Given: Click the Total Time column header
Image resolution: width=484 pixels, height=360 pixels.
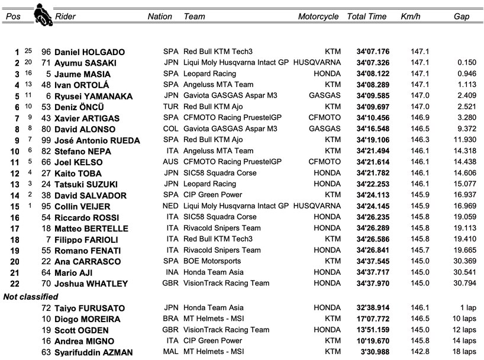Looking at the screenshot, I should click(x=367, y=17).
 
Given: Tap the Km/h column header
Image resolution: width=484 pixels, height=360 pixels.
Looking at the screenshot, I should click(x=411, y=17).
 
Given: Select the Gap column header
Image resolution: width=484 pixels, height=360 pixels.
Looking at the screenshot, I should click(x=462, y=17).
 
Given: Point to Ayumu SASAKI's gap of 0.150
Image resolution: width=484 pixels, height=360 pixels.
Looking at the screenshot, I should click(x=466, y=63).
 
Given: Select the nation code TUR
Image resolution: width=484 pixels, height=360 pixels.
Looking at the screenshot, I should click(x=170, y=107).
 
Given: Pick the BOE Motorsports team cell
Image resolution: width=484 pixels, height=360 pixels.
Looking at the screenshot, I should click(x=209, y=262).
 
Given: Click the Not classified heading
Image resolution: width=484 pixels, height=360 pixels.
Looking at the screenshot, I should click(x=31, y=297).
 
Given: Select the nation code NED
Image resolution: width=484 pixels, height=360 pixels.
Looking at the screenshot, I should click(x=170, y=206).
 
